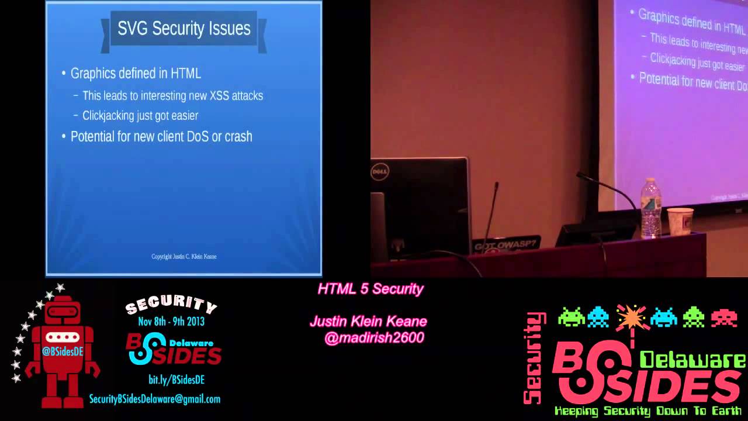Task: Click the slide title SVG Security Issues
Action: [x=183, y=29]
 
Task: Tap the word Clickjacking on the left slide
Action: [x=108, y=115]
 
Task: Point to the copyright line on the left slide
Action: [x=183, y=256]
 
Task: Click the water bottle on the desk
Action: [x=650, y=209]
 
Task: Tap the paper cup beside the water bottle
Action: [x=680, y=222]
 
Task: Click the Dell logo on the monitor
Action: [x=380, y=172]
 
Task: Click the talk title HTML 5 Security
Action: [x=370, y=289]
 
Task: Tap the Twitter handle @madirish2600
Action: [x=374, y=338]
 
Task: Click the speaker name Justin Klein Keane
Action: [x=368, y=322]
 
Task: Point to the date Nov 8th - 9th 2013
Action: [x=171, y=321]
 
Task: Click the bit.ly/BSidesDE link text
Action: [x=176, y=379]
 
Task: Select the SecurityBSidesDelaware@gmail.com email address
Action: [x=155, y=399]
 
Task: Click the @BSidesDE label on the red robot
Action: [x=63, y=351]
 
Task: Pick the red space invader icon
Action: [x=723, y=317]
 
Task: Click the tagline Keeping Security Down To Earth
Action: [x=647, y=411]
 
